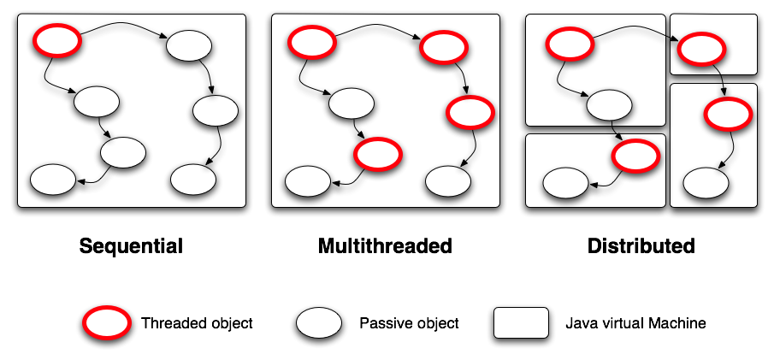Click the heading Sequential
coord(131,246)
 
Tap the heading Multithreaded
coord(385,246)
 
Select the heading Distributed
coord(641,246)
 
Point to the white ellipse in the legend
coord(320,322)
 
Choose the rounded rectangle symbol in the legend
coord(521,322)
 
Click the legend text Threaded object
coord(197,323)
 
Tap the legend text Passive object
coord(409,323)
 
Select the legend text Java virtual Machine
coord(635,323)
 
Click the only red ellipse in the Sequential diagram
coord(56,39)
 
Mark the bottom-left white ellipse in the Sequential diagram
coord(53,180)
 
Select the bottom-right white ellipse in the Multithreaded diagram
coord(447,180)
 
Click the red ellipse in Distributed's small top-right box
coord(700,48)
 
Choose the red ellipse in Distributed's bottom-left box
coord(635,155)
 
